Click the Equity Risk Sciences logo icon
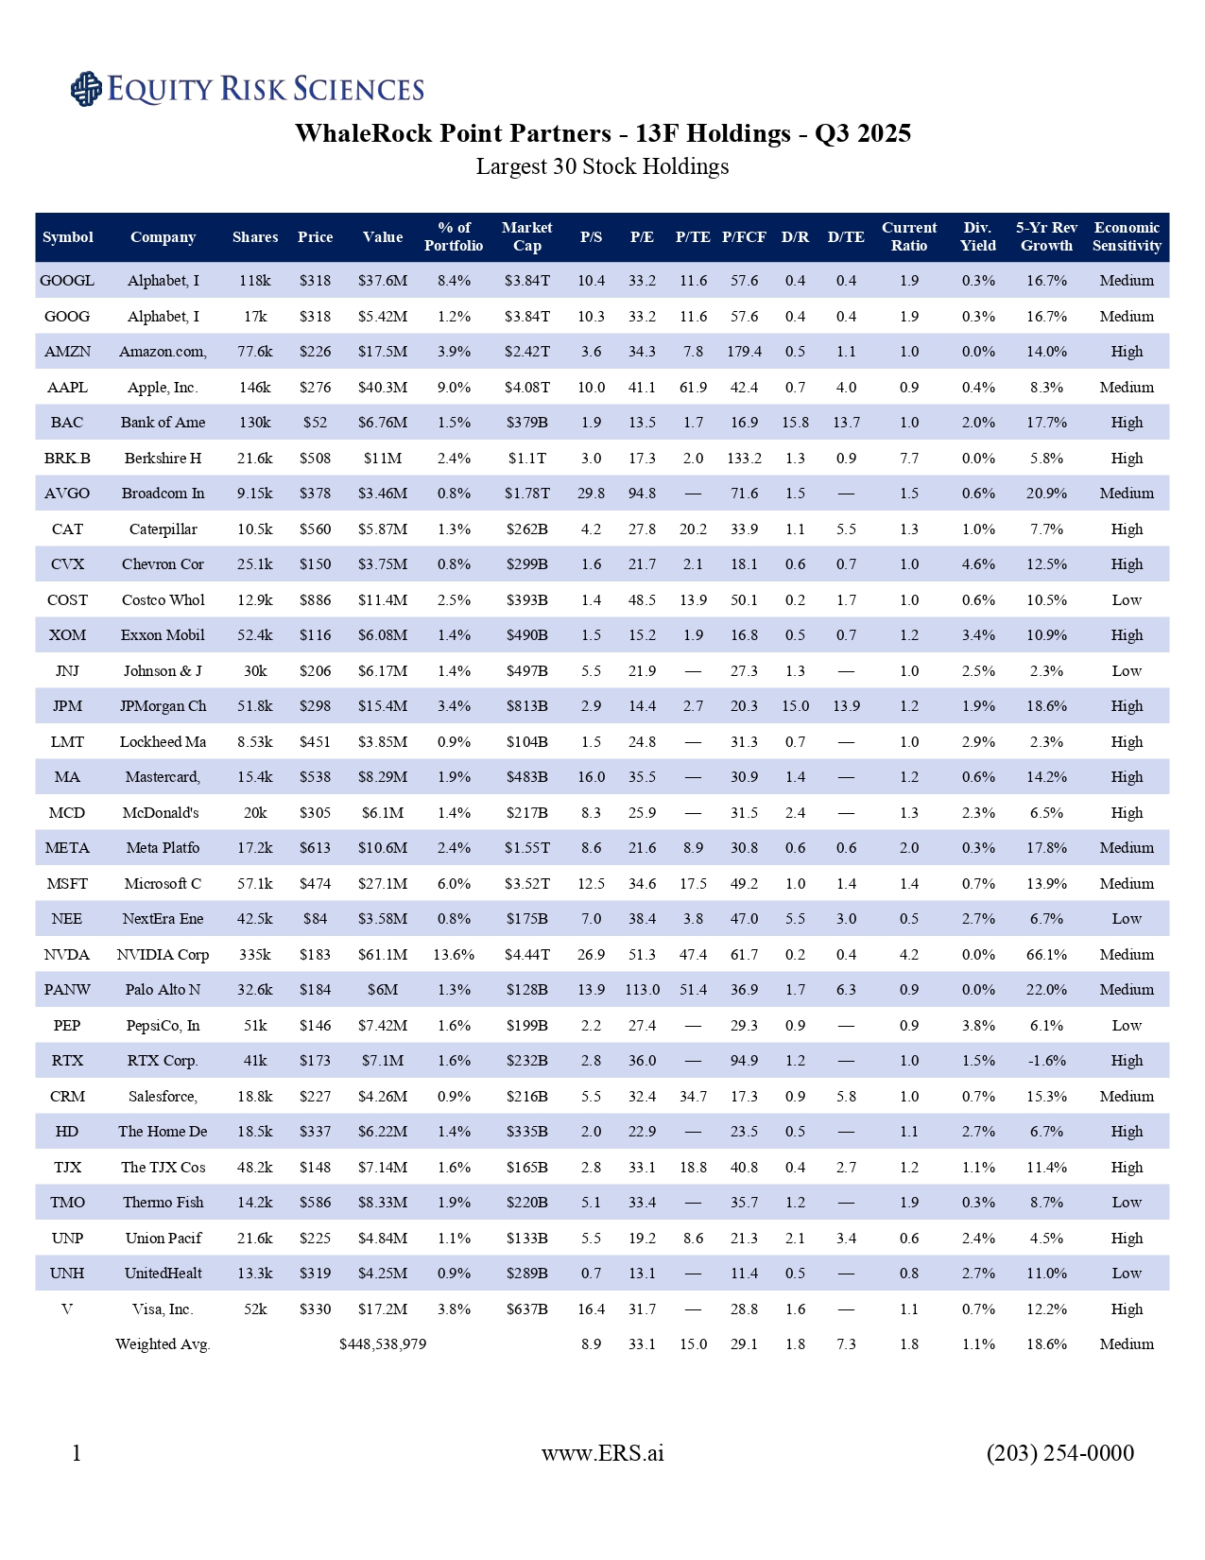click(x=86, y=89)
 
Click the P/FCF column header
click(x=744, y=237)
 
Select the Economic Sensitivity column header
click(x=1127, y=237)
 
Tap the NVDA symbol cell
click(x=67, y=955)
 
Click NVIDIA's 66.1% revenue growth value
click(x=1046, y=955)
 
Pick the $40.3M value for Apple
click(x=383, y=388)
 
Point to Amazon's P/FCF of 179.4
click(x=744, y=352)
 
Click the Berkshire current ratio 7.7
click(x=909, y=459)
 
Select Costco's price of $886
click(x=315, y=600)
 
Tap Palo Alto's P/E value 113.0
click(x=642, y=990)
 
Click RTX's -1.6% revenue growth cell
click(x=1046, y=1061)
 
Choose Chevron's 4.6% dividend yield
click(x=977, y=564)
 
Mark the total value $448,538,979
click(x=383, y=1344)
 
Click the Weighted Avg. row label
click(x=163, y=1344)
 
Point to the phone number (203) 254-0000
click(x=1059, y=1453)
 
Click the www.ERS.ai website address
click(x=602, y=1453)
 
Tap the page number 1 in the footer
click(x=77, y=1453)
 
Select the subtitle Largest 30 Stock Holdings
click(x=602, y=167)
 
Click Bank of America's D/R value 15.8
click(x=795, y=423)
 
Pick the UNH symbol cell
click(x=67, y=1274)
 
